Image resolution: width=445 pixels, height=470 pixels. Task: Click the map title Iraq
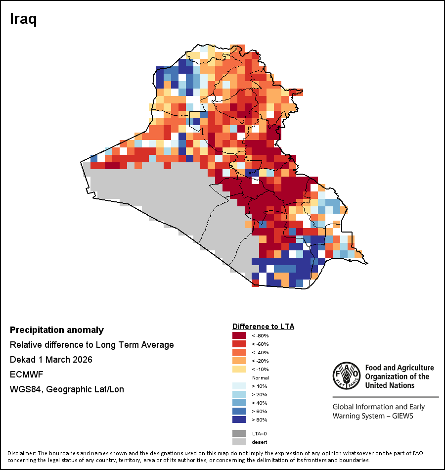click(24, 19)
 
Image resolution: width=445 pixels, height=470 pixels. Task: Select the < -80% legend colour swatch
click(240, 336)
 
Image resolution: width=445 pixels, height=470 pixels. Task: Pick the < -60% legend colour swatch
click(240, 344)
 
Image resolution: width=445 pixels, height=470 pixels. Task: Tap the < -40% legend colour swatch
click(240, 353)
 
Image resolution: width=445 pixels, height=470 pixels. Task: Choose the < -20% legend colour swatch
click(240, 361)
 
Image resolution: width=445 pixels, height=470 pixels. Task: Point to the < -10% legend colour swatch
click(240, 370)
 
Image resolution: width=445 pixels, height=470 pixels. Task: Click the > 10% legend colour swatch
click(240, 386)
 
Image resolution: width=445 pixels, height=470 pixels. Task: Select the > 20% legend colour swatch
click(240, 395)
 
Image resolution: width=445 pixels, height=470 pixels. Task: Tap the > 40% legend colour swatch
click(240, 403)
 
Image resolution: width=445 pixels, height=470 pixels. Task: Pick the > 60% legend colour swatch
click(240, 412)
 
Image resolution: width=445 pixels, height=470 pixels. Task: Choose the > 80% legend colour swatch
click(240, 420)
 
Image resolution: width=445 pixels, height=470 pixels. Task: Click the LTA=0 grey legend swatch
click(240, 433)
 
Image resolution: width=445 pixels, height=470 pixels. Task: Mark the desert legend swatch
click(240, 442)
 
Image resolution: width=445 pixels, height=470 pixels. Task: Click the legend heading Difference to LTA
click(263, 327)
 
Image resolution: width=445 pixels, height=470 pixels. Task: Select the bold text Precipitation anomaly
click(57, 330)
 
